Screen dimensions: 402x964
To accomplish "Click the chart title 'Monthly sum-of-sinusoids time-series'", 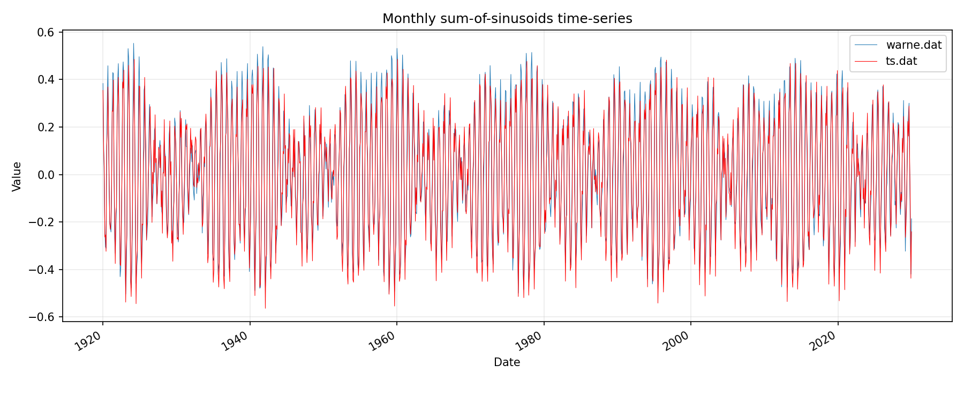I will [507, 19].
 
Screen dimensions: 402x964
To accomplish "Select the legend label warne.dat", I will [914, 45].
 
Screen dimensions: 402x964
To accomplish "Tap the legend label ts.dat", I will [901, 61].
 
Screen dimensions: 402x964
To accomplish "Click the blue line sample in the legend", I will [866, 45].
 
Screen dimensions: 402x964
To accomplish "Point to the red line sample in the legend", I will [866, 61].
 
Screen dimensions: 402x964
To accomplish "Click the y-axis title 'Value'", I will [17, 176].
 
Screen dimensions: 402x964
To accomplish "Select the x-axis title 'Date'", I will [507, 362].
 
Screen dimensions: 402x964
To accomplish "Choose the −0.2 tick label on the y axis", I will [43, 222].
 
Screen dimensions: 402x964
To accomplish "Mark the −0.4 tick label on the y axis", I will [43, 270].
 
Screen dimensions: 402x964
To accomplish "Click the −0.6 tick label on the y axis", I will [43, 317].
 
